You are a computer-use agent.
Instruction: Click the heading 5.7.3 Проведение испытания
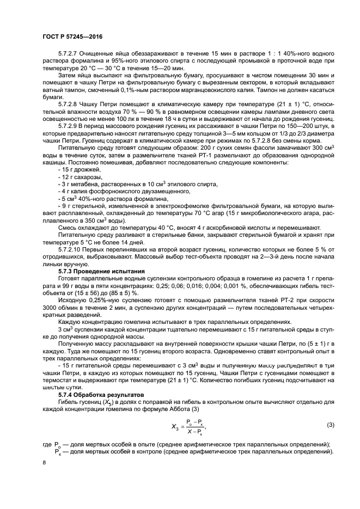[x=101, y=271]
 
